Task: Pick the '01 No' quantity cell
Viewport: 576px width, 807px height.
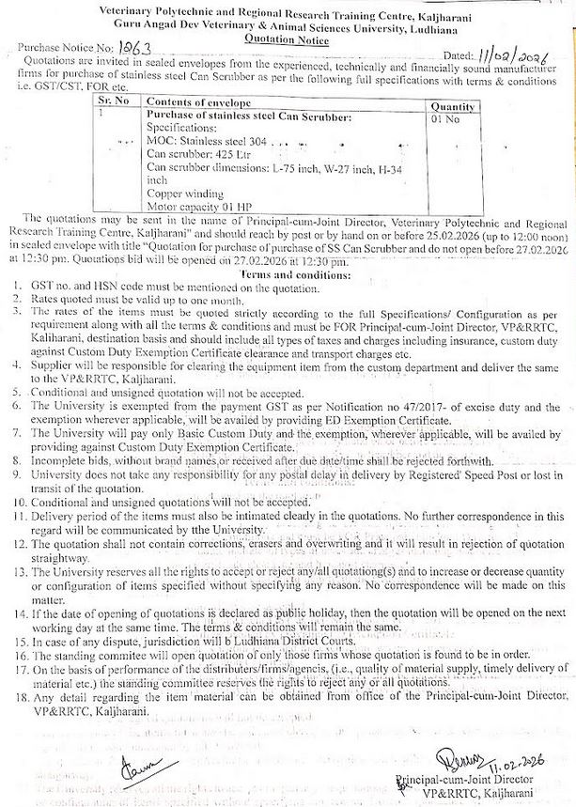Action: (x=444, y=120)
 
